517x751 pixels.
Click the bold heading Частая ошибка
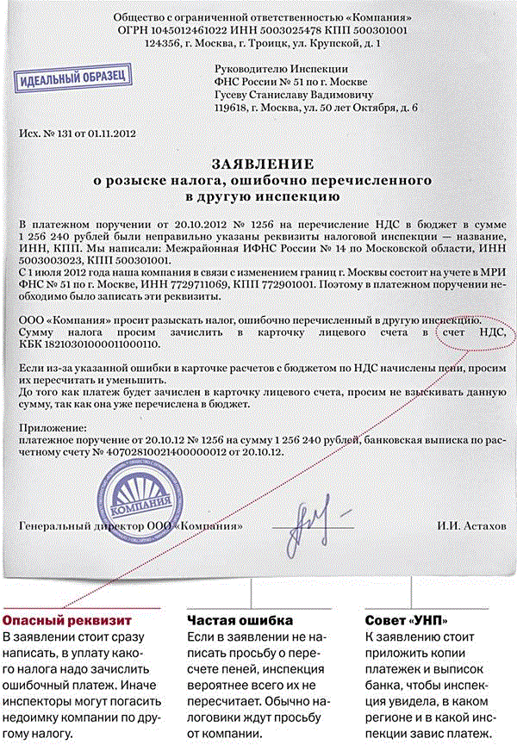[240, 620]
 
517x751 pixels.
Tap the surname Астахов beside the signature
[488, 524]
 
